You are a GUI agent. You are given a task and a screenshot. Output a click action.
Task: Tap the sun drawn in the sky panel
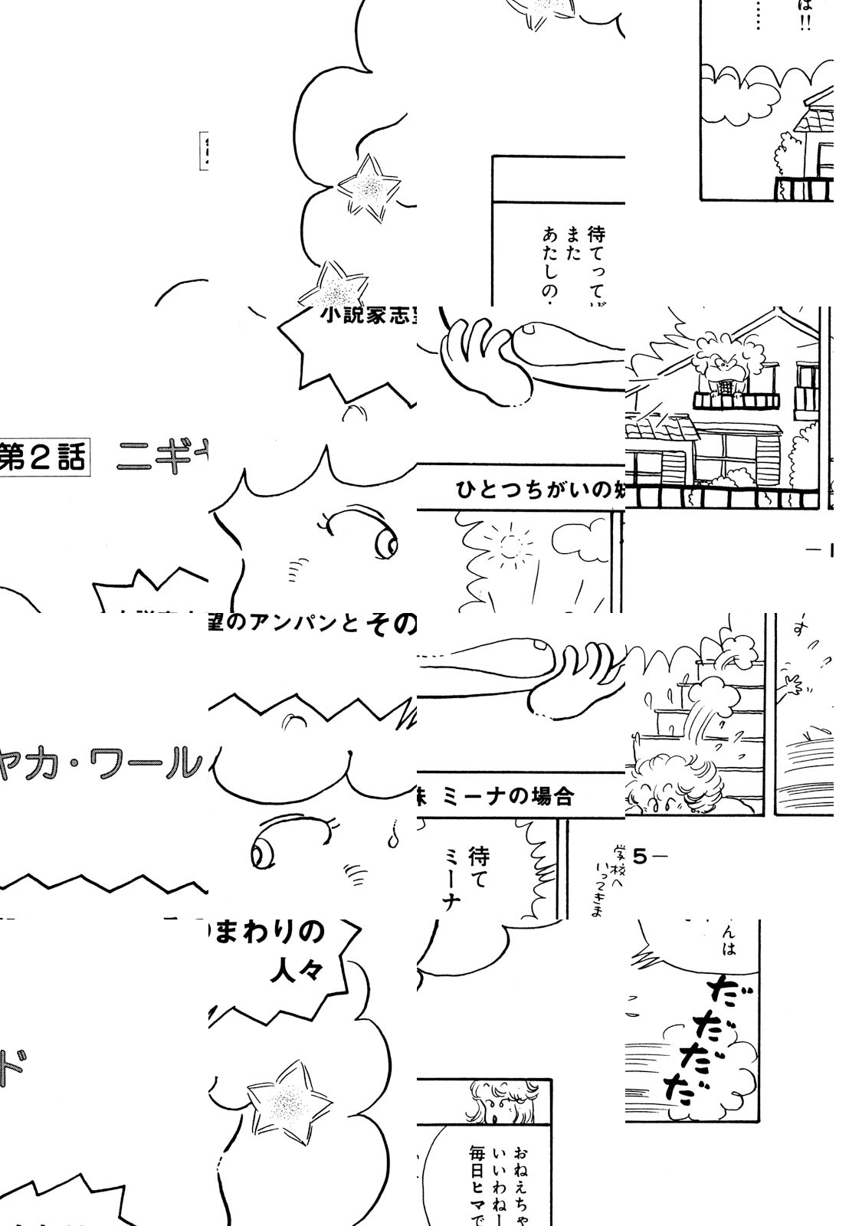coord(507,546)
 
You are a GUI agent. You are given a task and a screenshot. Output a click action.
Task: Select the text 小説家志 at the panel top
coord(368,316)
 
